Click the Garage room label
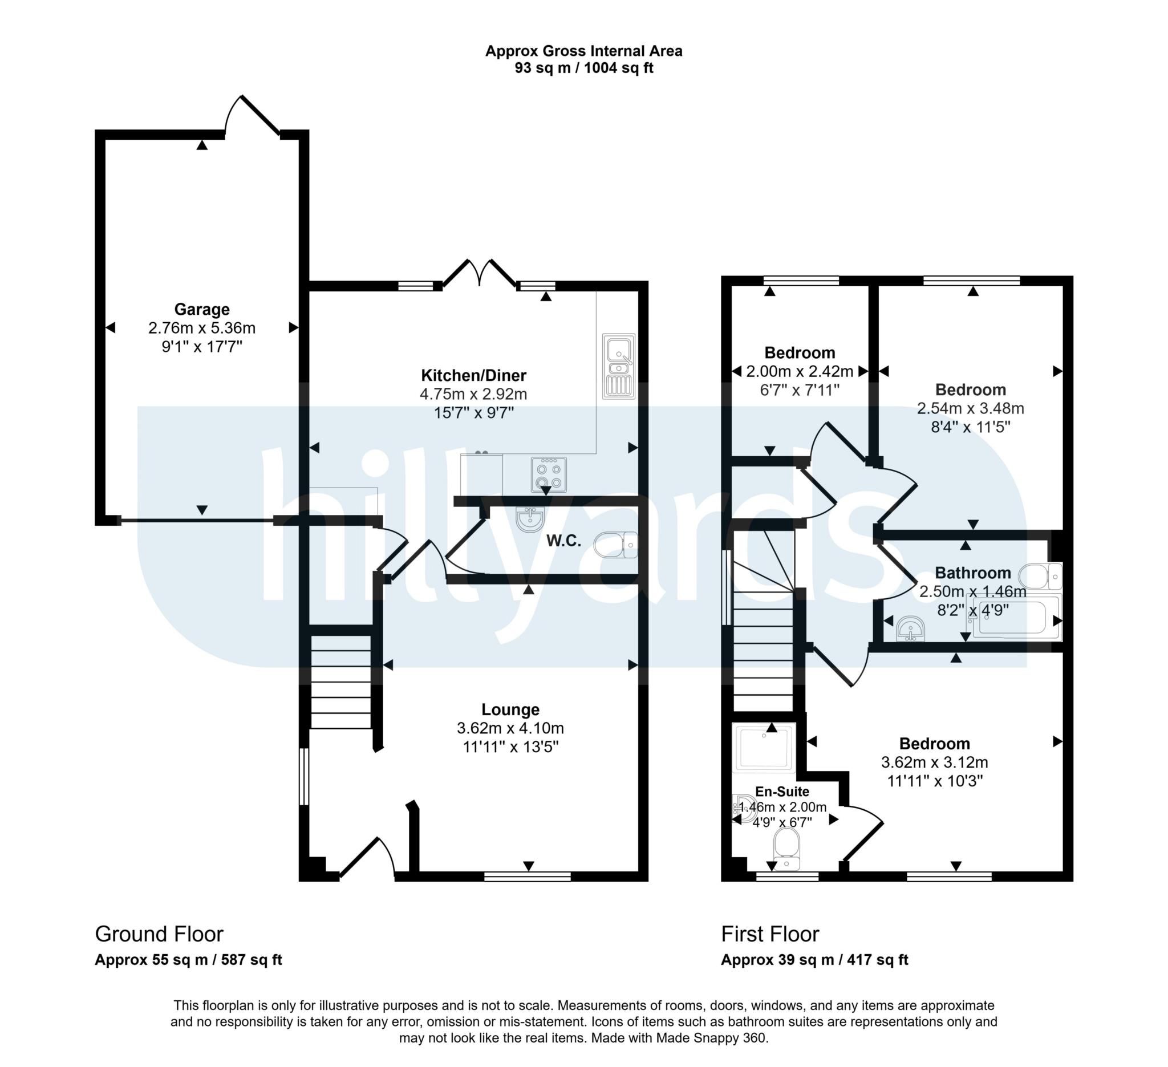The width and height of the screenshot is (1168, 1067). coord(202,309)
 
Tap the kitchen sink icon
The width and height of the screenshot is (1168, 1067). coord(619,366)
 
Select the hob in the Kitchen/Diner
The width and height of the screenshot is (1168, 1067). coord(548,474)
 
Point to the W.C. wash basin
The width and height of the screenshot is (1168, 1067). coord(530,519)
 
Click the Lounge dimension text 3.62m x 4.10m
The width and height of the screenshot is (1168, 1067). coord(510,728)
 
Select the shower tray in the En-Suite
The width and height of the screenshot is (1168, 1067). coord(764,748)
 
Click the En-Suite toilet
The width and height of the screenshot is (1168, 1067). coord(786,849)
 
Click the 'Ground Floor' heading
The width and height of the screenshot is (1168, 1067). coord(159,934)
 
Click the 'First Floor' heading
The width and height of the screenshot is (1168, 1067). coord(770,934)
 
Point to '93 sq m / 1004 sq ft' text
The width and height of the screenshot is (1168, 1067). coord(583,68)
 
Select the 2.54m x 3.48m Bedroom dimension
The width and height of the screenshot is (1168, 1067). coord(970,408)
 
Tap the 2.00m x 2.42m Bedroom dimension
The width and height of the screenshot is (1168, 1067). coord(799,371)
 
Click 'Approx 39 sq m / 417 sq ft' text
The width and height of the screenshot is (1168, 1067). coord(814,960)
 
